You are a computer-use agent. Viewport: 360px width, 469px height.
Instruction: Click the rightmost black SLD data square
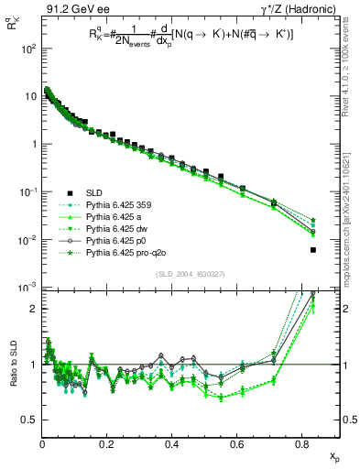[x=313, y=250]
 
